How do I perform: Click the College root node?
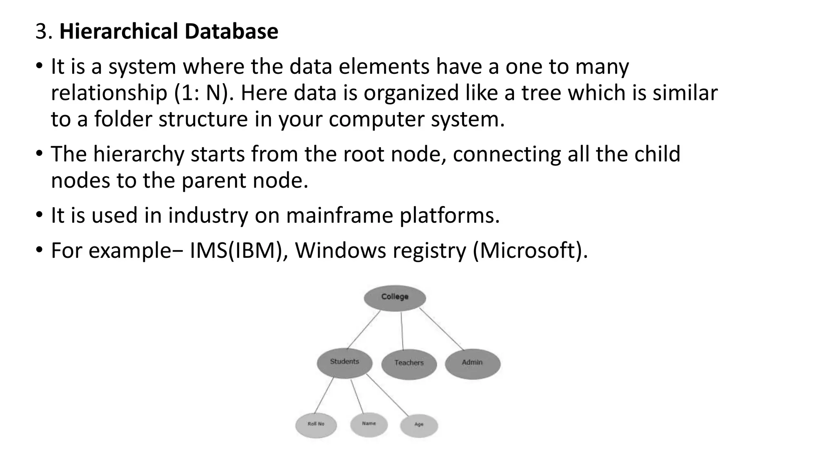pos(395,297)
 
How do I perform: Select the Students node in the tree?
pos(345,362)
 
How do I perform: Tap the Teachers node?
pos(409,363)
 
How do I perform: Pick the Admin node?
pos(472,363)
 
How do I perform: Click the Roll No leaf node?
pos(316,425)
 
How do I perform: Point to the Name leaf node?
pos(369,424)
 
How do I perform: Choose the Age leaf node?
pos(419,425)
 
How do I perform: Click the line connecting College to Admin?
pos(442,329)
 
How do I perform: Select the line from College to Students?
pos(364,330)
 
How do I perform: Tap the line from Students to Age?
pos(387,395)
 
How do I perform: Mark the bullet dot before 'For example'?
pos(39,249)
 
